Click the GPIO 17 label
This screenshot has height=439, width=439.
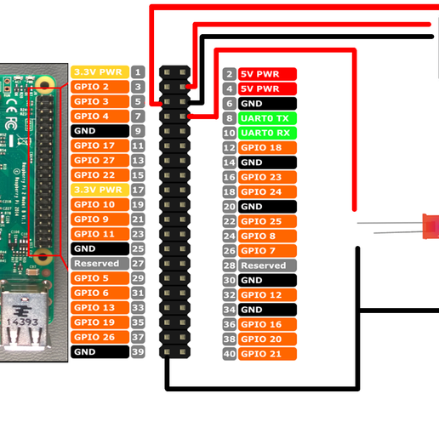point(100,145)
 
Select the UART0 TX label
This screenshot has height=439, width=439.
point(267,118)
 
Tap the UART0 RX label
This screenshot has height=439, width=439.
point(267,133)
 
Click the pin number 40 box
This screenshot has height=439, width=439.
point(229,354)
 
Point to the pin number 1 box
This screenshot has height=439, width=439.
point(138,72)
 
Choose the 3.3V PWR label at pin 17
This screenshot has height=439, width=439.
point(100,190)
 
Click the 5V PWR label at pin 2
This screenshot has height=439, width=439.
point(267,74)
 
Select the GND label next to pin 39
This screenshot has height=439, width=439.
point(100,351)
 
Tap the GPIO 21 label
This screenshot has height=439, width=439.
point(267,354)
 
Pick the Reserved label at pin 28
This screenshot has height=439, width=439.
point(267,265)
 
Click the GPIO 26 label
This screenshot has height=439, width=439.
point(100,337)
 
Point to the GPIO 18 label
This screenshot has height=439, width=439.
point(267,148)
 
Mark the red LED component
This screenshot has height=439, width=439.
point(430,228)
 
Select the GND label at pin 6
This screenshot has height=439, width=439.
point(267,103)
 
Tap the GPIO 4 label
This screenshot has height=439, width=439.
point(100,117)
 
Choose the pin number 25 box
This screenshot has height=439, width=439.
point(138,248)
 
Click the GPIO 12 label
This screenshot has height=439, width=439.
point(267,295)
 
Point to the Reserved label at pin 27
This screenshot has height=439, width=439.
point(100,264)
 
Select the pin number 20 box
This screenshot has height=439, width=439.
point(229,207)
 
